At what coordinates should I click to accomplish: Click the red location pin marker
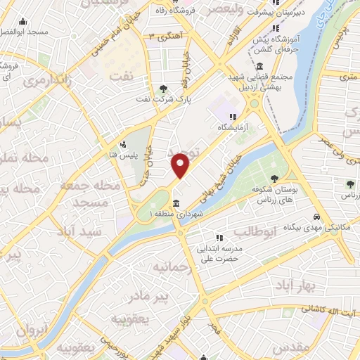pyautogui.click(x=181, y=166)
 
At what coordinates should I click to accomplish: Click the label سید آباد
pyautogui.click(x=82, y=231)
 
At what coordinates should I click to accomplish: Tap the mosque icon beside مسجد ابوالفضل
pyautogui.click(x=23, y=21)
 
